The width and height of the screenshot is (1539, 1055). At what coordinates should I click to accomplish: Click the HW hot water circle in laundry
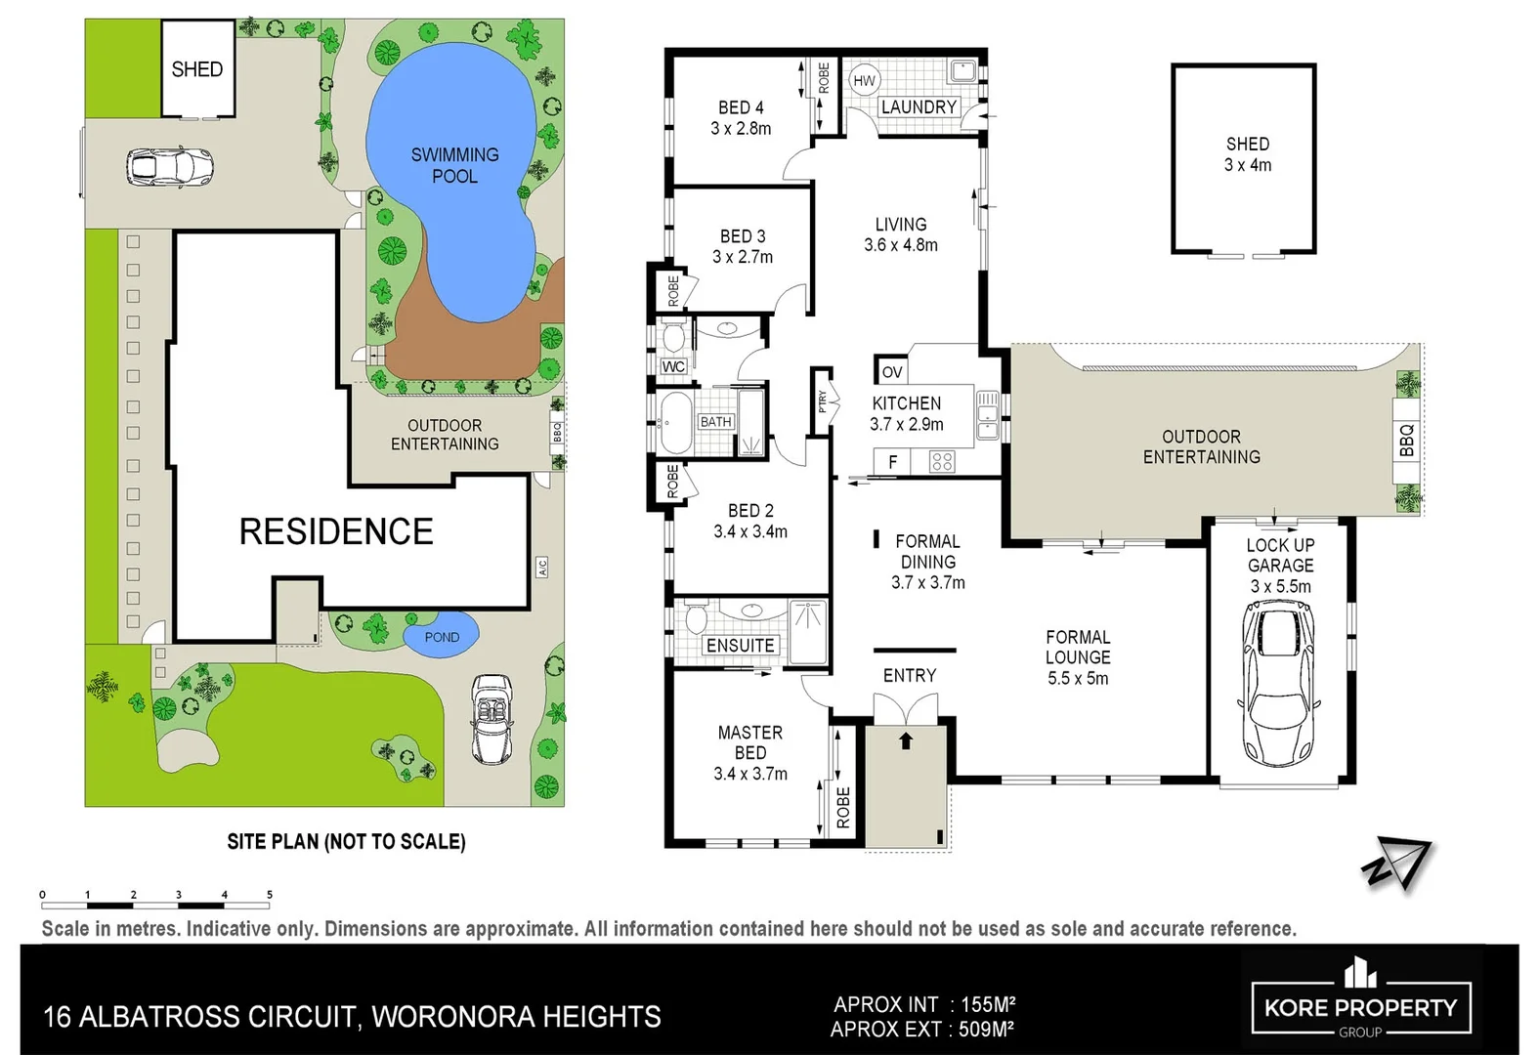864,81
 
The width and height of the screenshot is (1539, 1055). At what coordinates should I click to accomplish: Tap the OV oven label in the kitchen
892,372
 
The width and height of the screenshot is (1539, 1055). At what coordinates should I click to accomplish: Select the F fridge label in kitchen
892,462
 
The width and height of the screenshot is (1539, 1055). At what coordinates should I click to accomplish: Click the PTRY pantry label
823,401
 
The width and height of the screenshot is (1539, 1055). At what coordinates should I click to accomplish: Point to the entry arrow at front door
906,740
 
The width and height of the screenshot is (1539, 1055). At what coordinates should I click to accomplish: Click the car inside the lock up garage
1279,682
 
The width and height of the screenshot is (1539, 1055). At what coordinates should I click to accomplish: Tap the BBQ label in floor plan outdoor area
1406,441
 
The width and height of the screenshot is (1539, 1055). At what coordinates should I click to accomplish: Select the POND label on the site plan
442,637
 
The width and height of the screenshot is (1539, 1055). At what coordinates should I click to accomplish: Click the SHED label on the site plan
197,69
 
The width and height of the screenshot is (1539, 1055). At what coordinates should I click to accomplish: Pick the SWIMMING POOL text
454,165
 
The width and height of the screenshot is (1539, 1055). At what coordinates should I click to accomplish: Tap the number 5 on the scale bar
270,894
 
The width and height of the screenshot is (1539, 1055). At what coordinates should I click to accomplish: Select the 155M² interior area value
988,1004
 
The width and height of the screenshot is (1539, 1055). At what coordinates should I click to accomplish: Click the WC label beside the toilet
673,366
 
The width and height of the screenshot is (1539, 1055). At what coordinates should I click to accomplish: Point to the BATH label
715,422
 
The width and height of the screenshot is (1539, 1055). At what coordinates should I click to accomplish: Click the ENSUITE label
740,646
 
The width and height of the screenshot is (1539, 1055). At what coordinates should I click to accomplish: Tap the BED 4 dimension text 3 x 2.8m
741,129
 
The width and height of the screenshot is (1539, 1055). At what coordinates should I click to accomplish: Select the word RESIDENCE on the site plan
336,531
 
